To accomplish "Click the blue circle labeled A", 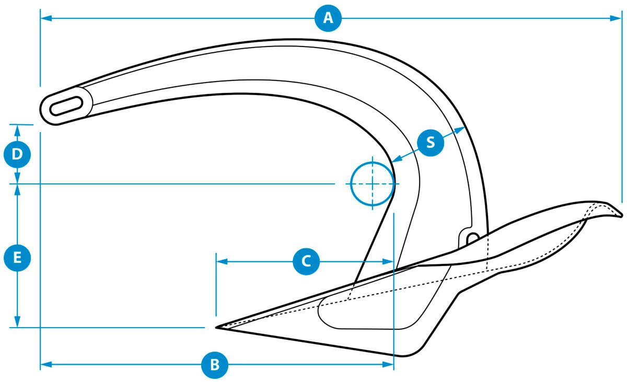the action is [328, 18].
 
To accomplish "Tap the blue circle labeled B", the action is [215, 364].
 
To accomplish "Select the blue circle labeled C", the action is [306, 261].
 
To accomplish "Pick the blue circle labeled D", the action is [17, 154].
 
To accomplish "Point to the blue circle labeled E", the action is [17, 258].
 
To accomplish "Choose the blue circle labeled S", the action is [431, 143].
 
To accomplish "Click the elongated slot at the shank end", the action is [66, 106].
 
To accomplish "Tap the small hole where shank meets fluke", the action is [472, 238].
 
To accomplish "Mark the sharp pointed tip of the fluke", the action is [216, 327].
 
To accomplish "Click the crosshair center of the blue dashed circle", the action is [372, 183].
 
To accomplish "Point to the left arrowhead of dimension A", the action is [46, 18].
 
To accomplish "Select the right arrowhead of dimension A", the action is [616, 18].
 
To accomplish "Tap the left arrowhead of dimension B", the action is [46, 364].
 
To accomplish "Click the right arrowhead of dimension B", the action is [388, 364].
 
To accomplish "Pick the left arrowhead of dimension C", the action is [222, 262].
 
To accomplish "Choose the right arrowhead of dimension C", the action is [388, 262].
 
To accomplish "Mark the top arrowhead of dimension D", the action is [17, 131].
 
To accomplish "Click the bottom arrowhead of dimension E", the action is [17, 321].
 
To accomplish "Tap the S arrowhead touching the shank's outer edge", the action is [460, 130].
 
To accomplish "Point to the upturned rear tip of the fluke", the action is [620, 215].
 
